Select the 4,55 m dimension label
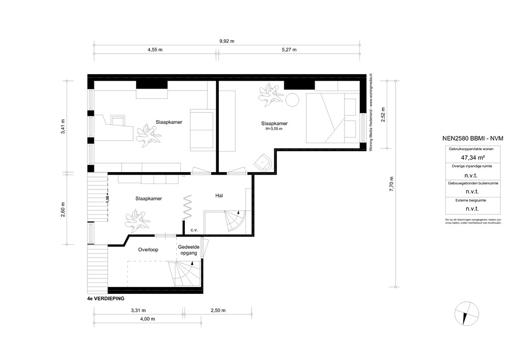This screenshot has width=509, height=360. [155, 50]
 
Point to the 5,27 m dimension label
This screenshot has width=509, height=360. [288, 50]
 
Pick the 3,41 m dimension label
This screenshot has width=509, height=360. [63, 126]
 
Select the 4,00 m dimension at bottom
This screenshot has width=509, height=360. [146, 319]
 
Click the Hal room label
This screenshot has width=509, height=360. [219, 196]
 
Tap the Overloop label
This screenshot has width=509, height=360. [148, 250]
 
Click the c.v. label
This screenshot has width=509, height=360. [194, 230]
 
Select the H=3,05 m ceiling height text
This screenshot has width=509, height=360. [274, 129]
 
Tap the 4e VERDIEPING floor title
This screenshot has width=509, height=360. [105, 299]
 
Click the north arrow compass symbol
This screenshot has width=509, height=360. [467, 314]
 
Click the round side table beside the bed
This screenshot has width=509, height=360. [291, 99]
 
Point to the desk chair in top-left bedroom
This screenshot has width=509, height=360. [118, 121]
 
